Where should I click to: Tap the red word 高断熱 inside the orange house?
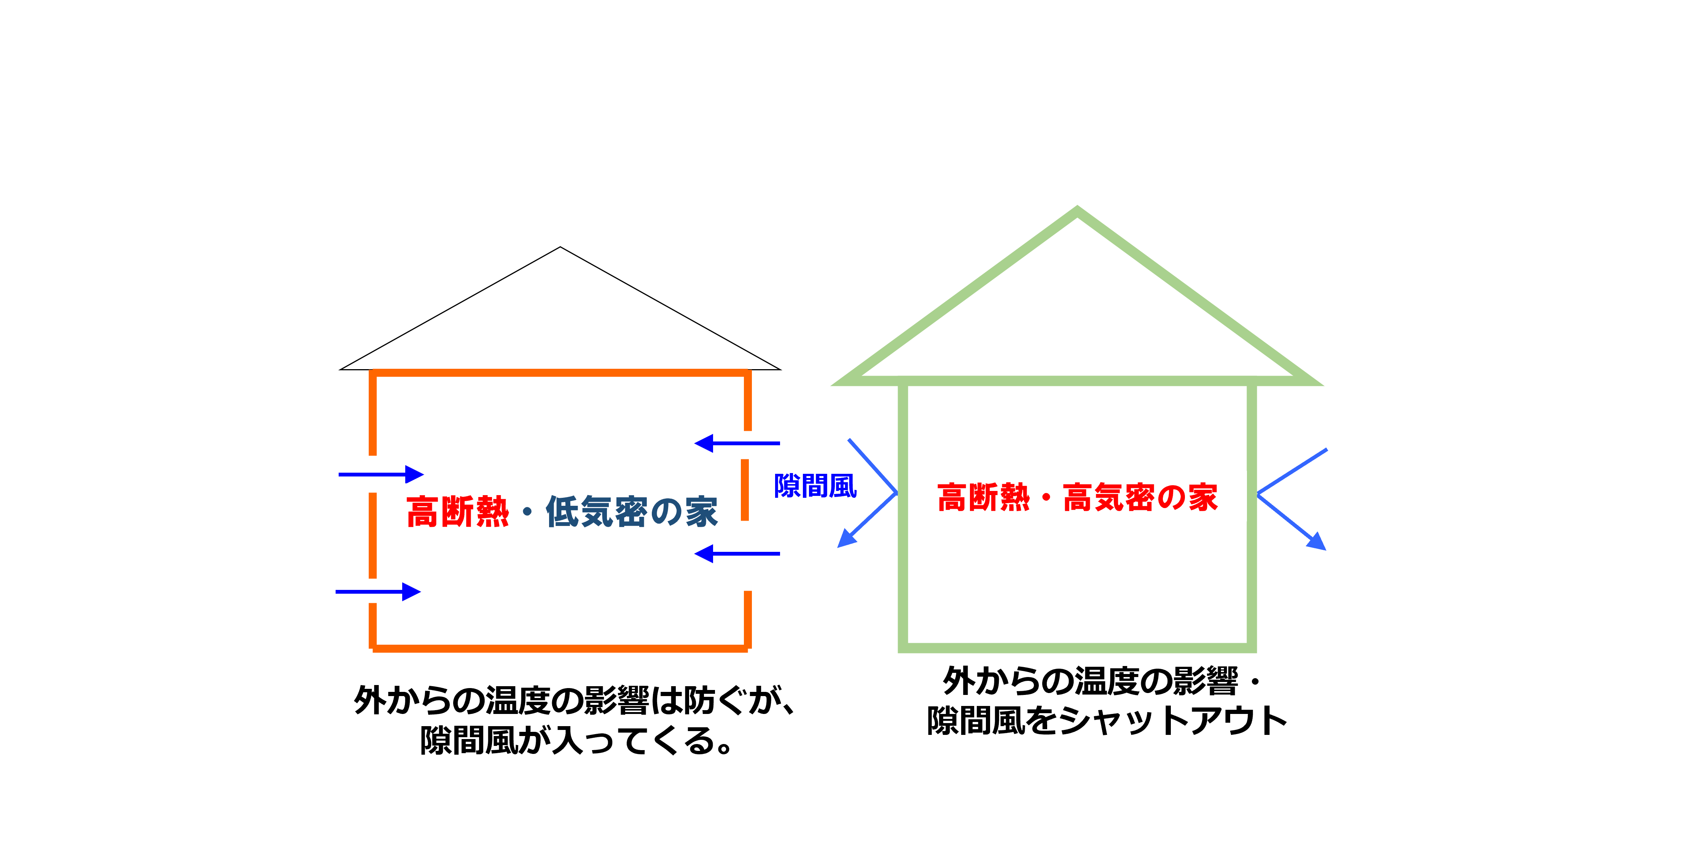(457, 511)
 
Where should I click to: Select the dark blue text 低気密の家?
(631, 511)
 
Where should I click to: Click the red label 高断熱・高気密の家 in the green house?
(1077, 497)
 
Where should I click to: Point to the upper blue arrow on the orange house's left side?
(381, 475)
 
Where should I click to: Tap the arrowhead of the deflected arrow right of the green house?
(1317, 542)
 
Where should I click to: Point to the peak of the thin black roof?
(560, 247)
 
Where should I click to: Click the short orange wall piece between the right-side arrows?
(745, 490)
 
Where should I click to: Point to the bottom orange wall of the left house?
(560, 648)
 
